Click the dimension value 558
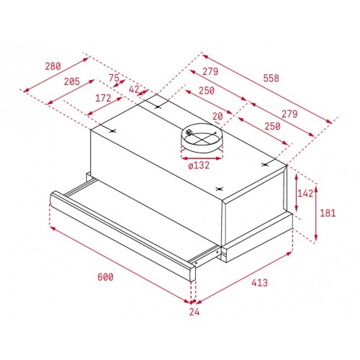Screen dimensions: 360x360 tap(271, 78)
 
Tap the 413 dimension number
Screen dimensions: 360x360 tap(260, 283)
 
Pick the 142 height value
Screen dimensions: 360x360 tap(307, 193)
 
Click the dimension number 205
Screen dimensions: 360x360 tap(71, 82)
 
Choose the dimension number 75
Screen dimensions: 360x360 tap(114, 78)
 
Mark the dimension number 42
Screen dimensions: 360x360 tap(135, 89)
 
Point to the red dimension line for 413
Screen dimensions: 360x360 tap(245, 277)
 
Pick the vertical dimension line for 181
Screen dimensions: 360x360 tap(317, 209)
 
